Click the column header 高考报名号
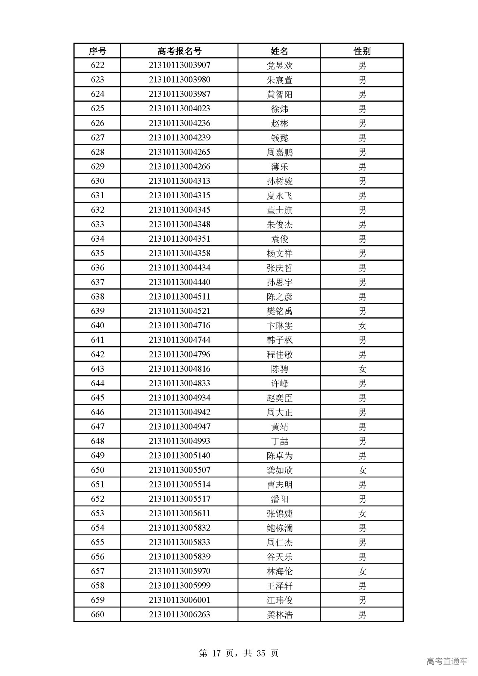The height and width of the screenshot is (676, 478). point(179,51)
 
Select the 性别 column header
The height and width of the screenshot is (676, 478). point(361,51)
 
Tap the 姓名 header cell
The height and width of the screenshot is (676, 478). point(279,51)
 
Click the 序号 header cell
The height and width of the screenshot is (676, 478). point(97,51)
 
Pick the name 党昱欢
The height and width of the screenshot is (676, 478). point(279,65)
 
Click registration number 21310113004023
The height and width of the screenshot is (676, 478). point(179,109)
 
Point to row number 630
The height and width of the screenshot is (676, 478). point(97,181)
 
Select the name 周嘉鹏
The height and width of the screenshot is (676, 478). point(279,152)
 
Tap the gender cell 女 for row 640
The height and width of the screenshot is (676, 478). point(362,326)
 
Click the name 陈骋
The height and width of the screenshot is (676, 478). point(279,369)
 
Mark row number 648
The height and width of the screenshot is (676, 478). point(97,441)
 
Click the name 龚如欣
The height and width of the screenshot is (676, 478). point(279,471)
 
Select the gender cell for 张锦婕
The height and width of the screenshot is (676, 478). point(362,514)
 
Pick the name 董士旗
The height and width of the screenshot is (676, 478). point(279,210)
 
